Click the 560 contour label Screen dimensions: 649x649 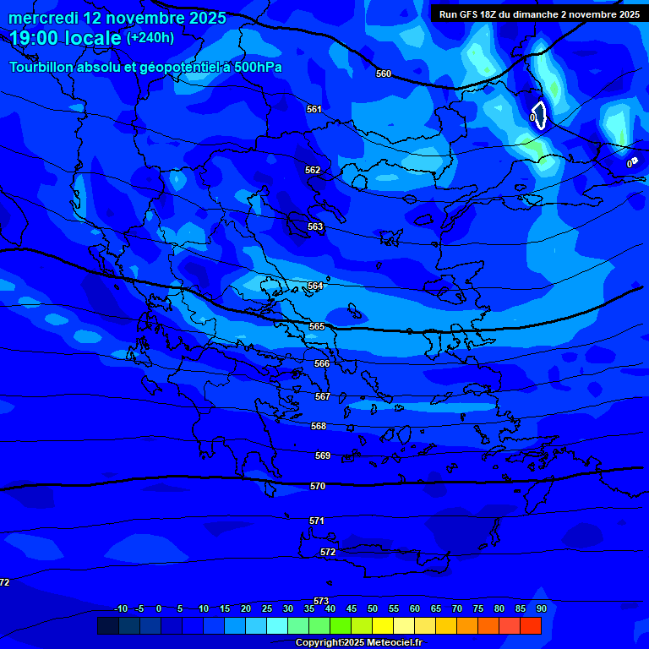tap(384, 74)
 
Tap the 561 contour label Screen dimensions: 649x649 tap(314, 109)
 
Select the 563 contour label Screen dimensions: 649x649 tap(315, 226)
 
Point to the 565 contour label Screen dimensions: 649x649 tap(317, 326)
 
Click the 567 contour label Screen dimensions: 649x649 tap(322, 396)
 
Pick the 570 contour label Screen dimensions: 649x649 tap(318, 486)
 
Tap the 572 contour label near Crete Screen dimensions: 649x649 tap(328, 552)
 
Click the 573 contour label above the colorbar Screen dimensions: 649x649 tap(321, 601)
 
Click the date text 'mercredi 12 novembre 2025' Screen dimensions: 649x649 tap(117, 18)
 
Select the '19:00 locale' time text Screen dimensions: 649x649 tap(65, 38)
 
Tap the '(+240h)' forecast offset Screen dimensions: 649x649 tap(150, 38)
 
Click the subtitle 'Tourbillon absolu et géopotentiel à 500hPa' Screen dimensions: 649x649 tap(145, 67)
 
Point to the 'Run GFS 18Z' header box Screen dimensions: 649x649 tap(538, 14)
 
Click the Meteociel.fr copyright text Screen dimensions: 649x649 tap(358, 642)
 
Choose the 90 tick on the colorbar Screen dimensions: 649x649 tap(541, 609)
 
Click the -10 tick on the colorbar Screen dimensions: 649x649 tap(121, 609)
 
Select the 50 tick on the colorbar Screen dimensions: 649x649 tap(373, 609)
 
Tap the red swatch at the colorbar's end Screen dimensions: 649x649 tap(531, 625)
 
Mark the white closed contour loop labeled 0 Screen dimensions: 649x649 tap(539, 115)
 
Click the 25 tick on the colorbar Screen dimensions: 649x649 tap(267, 609)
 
